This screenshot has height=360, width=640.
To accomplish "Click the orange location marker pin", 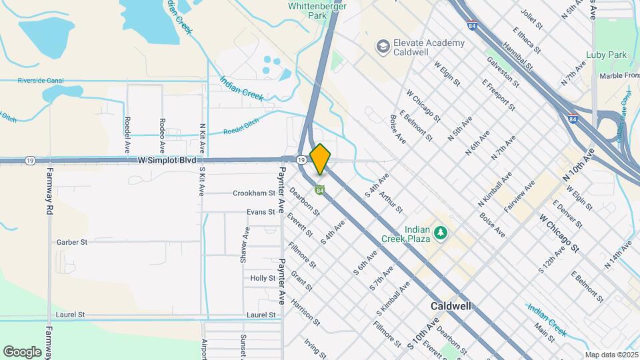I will coord(321,159).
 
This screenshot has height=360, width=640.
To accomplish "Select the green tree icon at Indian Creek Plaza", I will coord(439,232).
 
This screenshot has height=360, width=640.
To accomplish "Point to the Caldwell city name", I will coord(451,306).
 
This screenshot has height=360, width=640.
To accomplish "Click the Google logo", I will coord(23,352).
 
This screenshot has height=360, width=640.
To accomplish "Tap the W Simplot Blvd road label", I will coord(167,161).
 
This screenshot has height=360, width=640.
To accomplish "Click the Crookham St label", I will coord(254,193).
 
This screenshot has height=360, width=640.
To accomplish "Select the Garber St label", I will coord(72,243).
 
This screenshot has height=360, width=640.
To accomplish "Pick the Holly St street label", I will coord(263,278).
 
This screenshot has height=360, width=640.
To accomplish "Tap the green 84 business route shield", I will coord(320,191).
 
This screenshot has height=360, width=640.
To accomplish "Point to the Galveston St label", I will coord(503,71).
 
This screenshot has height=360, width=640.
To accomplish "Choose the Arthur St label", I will coord(391,203).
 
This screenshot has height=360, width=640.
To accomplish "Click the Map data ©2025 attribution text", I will coord(611,355).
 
